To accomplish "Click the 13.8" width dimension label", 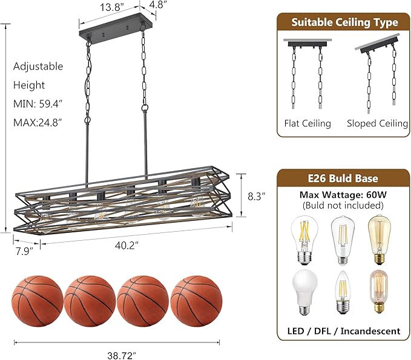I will (113, 8).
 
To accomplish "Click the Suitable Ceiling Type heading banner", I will (344, 22).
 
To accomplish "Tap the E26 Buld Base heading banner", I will (344, 178).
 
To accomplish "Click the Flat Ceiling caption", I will (307, 123).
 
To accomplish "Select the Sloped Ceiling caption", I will (377, 123).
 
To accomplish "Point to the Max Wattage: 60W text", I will (344, 195).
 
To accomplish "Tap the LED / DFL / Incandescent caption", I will (344, 331).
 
